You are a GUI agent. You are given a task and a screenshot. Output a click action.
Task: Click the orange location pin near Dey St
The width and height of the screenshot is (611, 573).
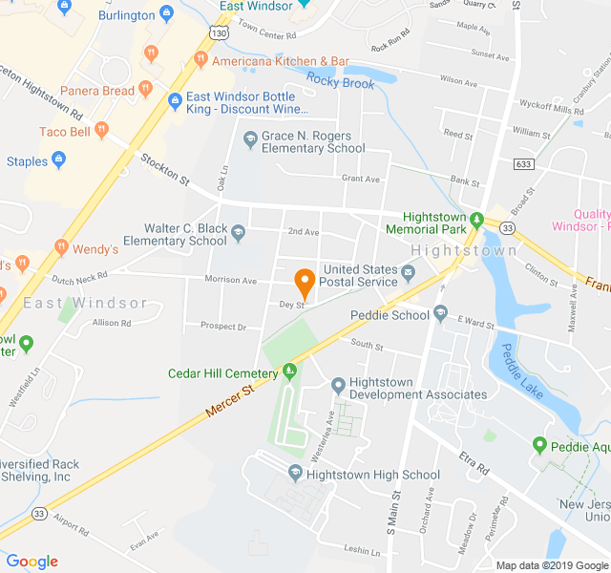[305, 284]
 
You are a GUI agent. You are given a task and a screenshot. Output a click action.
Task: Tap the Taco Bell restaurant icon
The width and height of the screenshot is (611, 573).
[99, 131]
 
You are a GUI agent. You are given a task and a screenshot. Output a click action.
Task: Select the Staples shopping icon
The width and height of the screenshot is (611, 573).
[58, 161]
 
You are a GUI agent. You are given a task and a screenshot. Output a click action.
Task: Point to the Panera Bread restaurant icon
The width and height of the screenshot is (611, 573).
[145, 90]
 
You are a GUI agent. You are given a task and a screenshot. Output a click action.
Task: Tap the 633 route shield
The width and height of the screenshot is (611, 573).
[522, 163]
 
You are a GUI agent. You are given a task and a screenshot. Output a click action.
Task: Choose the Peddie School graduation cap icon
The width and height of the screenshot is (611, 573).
[440, 313]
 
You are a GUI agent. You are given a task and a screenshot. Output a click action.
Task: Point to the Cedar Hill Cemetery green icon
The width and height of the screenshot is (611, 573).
[289, 371]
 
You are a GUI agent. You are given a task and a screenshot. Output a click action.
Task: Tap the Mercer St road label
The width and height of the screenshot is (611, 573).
[229, 402]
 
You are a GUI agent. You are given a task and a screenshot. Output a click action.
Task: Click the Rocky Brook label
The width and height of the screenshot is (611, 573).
[340, 82]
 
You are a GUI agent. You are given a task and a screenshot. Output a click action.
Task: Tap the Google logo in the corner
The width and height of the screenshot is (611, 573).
[32, 562]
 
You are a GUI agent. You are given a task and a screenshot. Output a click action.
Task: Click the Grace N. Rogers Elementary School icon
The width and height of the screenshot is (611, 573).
[250, 140]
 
